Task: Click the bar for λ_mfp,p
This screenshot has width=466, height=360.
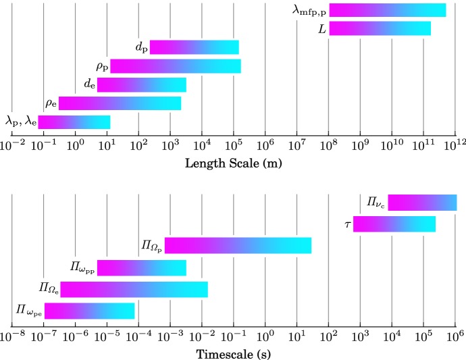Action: coord(387,10)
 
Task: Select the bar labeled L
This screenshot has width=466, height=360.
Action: coord(380,28)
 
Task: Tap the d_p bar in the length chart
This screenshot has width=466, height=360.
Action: coord(194,47)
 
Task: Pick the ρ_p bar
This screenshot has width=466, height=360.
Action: coord(176,66)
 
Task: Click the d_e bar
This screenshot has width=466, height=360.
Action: coord(141,85)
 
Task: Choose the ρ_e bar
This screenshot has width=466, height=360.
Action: coord(120,103)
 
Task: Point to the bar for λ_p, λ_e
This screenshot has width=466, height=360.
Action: coord(74,122)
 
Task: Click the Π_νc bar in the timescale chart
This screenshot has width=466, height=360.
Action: coord(422,203)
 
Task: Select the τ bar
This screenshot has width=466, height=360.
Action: coord(394,224)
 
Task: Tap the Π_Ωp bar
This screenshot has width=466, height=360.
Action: coord(238,246)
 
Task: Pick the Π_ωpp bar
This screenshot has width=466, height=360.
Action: coord(141,267)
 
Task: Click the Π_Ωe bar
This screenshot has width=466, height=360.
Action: coord(134,289)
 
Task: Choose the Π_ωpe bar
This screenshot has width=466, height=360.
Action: coord(89,311)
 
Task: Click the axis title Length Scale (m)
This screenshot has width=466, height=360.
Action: coord(233,163)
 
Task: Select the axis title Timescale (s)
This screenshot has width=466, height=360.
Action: coord(233,353)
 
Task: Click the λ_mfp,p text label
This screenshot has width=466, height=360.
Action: coord(310,11)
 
